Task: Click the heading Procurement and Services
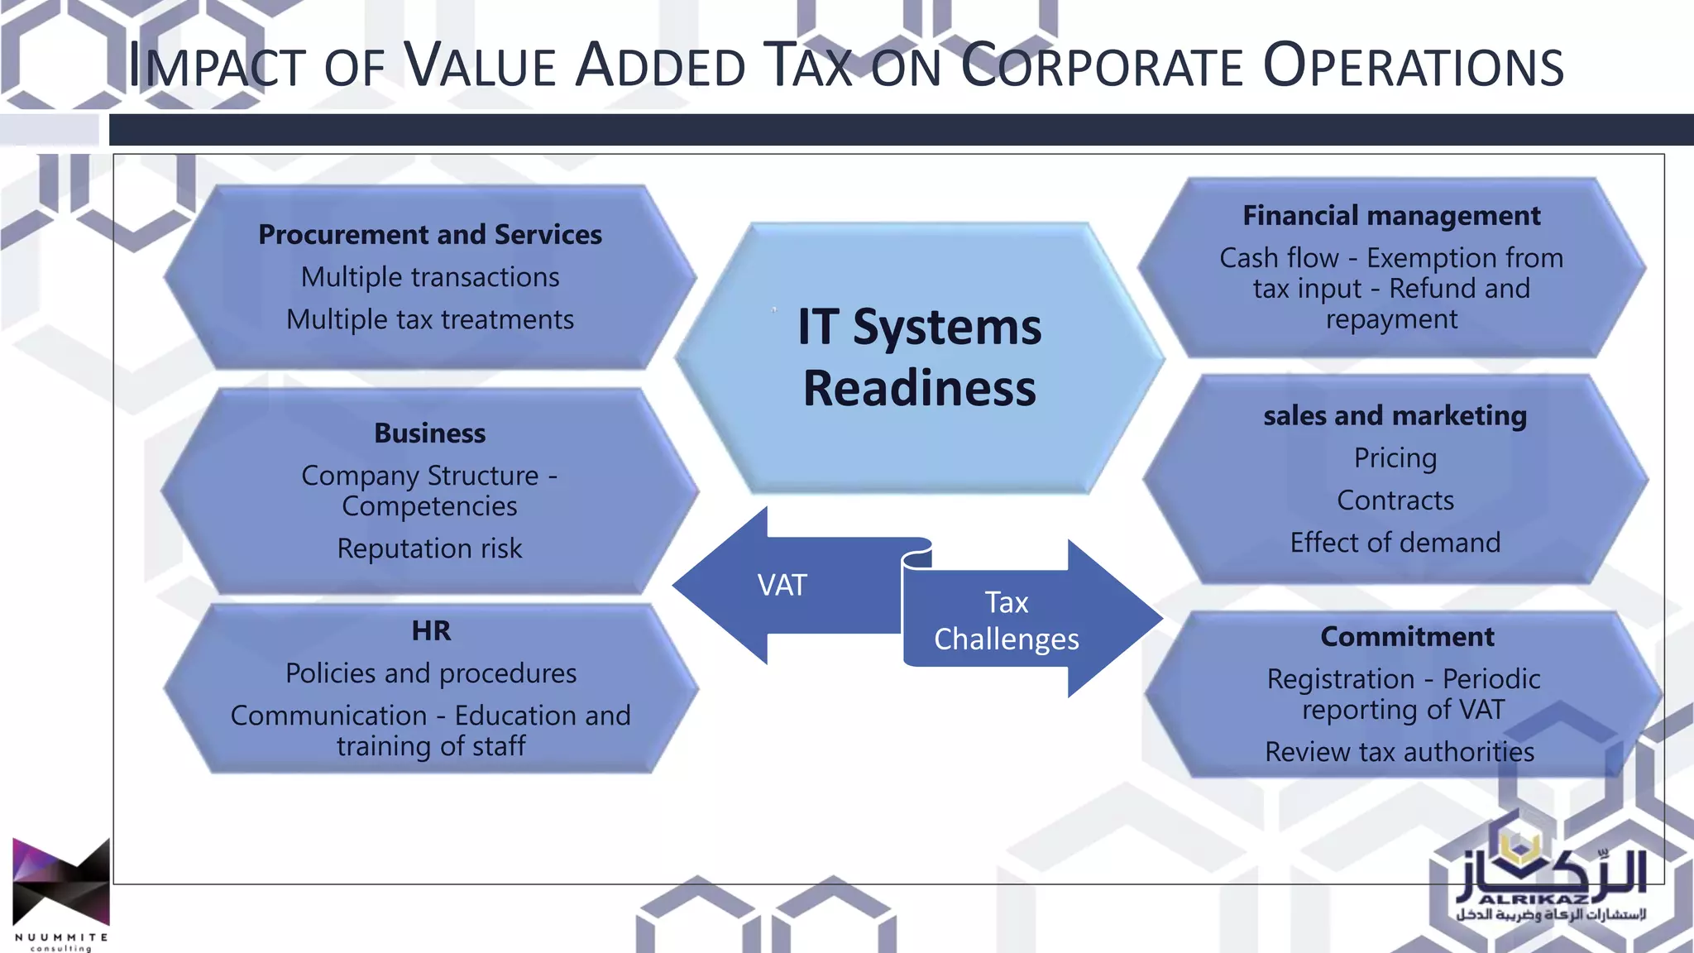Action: (x=430, y=235)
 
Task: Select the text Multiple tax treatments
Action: (x=430, y=319)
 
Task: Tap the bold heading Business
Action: (x=430, y=433)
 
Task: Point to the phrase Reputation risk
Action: (x=430, y=548)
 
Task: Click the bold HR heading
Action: (x=431, y=631)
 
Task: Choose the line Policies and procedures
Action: (x=431, y=673)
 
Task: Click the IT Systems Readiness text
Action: (x=919, y=357)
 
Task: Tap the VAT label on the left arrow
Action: (x=782, y=586)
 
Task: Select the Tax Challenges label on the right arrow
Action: (x=1006, y=620)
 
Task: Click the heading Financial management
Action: (x=1391, y=216)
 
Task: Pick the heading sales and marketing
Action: (x=1395, y=415)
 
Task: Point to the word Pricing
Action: (x=1395, y=457)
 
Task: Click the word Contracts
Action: (x=1395, y=500)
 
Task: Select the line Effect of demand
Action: (x=1395, y=543)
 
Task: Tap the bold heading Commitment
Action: (x=1407, y=637)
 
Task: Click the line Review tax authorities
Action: (x=1400, y=752)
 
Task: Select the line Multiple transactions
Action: (x=430, y=277)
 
